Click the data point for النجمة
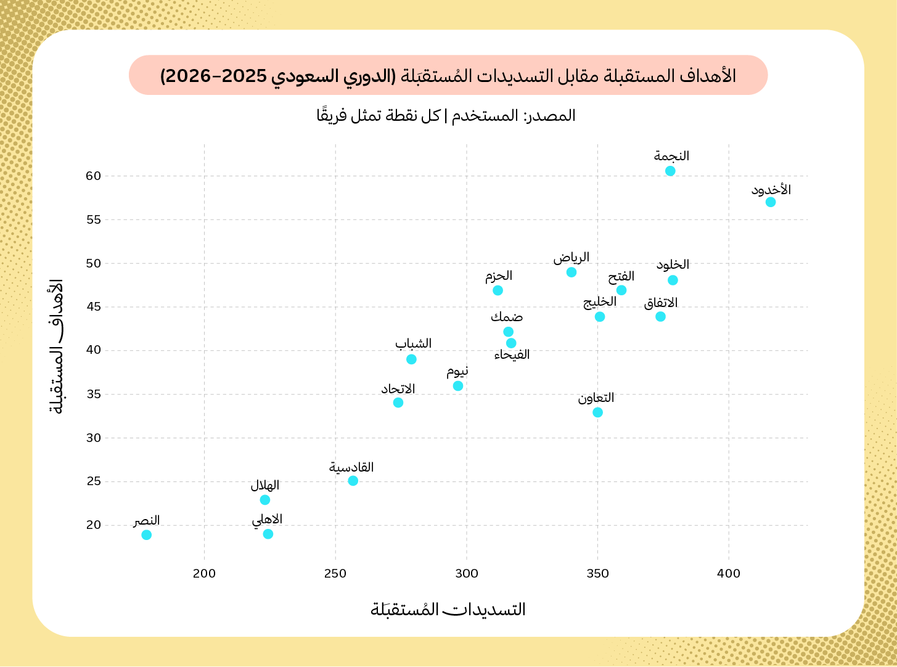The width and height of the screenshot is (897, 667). click(x=670, y=171)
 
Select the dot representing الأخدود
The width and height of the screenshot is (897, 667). click(x=770, y=202)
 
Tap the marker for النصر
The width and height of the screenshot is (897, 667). click(x=146, y=534)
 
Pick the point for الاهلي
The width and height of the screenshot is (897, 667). click(x=268, y=534)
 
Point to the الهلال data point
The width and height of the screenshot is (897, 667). click(x=264, y=500)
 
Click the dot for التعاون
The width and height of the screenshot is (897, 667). click(x=597, y=412)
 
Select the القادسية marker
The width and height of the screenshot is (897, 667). click(x=353, y=481)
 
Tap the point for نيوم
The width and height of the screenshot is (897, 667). click(x=458, y=386)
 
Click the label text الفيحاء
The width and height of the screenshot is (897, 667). click(x=512, y=355)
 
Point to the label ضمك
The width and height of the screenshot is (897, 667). click(x=507, y=317)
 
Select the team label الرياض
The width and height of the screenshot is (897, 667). click(x=571, y=257)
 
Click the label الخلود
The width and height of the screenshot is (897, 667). click(x=673, y=265)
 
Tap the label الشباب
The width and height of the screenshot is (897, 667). click(x=413, y=343)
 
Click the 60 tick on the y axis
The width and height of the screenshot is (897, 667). click(x=93, y=176)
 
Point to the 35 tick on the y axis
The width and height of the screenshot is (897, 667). click(x=93, y=394)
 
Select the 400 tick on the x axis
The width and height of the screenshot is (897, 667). click(x=729, y=574)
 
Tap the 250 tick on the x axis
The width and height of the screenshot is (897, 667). click(x=335, y=574)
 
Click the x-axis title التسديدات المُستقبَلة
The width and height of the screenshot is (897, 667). click(x=448, y=610)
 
